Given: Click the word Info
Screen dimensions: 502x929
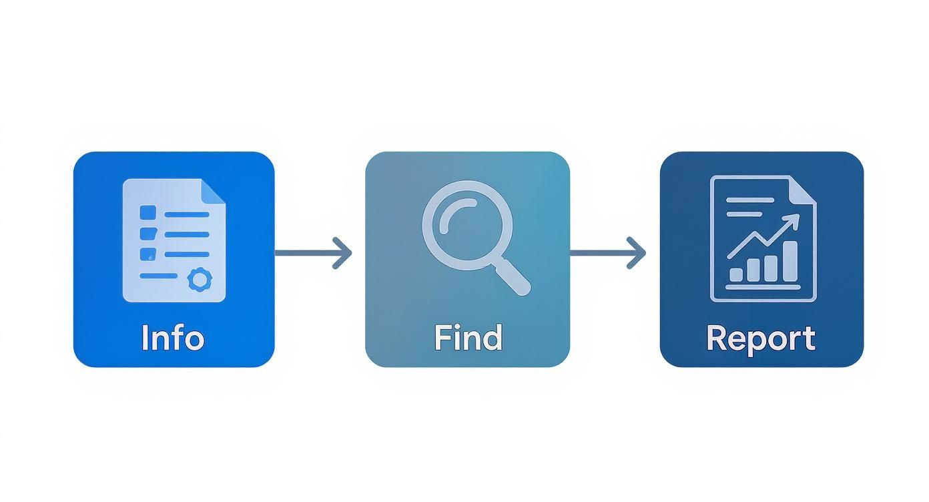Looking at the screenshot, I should (x=173, y=338).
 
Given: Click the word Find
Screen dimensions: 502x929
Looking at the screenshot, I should (x=467, y=338).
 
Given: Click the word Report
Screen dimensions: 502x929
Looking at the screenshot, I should (x=761, y=338).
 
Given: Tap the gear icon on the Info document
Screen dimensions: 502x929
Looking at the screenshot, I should (x=198, y=279).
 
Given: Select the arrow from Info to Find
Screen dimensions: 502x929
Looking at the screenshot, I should (x=314, y=253).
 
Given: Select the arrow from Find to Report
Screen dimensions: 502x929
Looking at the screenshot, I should (x=608, y=253).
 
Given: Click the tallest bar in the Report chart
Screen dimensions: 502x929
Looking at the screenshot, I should (x=790, y=261).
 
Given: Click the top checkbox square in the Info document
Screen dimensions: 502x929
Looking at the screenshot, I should (x=147, y=213).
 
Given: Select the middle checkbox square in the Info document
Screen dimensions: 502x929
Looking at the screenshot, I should (x=147, y=234).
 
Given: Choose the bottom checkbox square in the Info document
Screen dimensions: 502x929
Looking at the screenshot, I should (x=147, y=254).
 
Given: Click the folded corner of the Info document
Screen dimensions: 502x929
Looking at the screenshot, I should (x=213, y=192).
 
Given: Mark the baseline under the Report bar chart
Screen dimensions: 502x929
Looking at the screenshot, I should (x=763, y=287).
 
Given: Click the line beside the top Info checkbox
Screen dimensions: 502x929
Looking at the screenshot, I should (x=187, y=214).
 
